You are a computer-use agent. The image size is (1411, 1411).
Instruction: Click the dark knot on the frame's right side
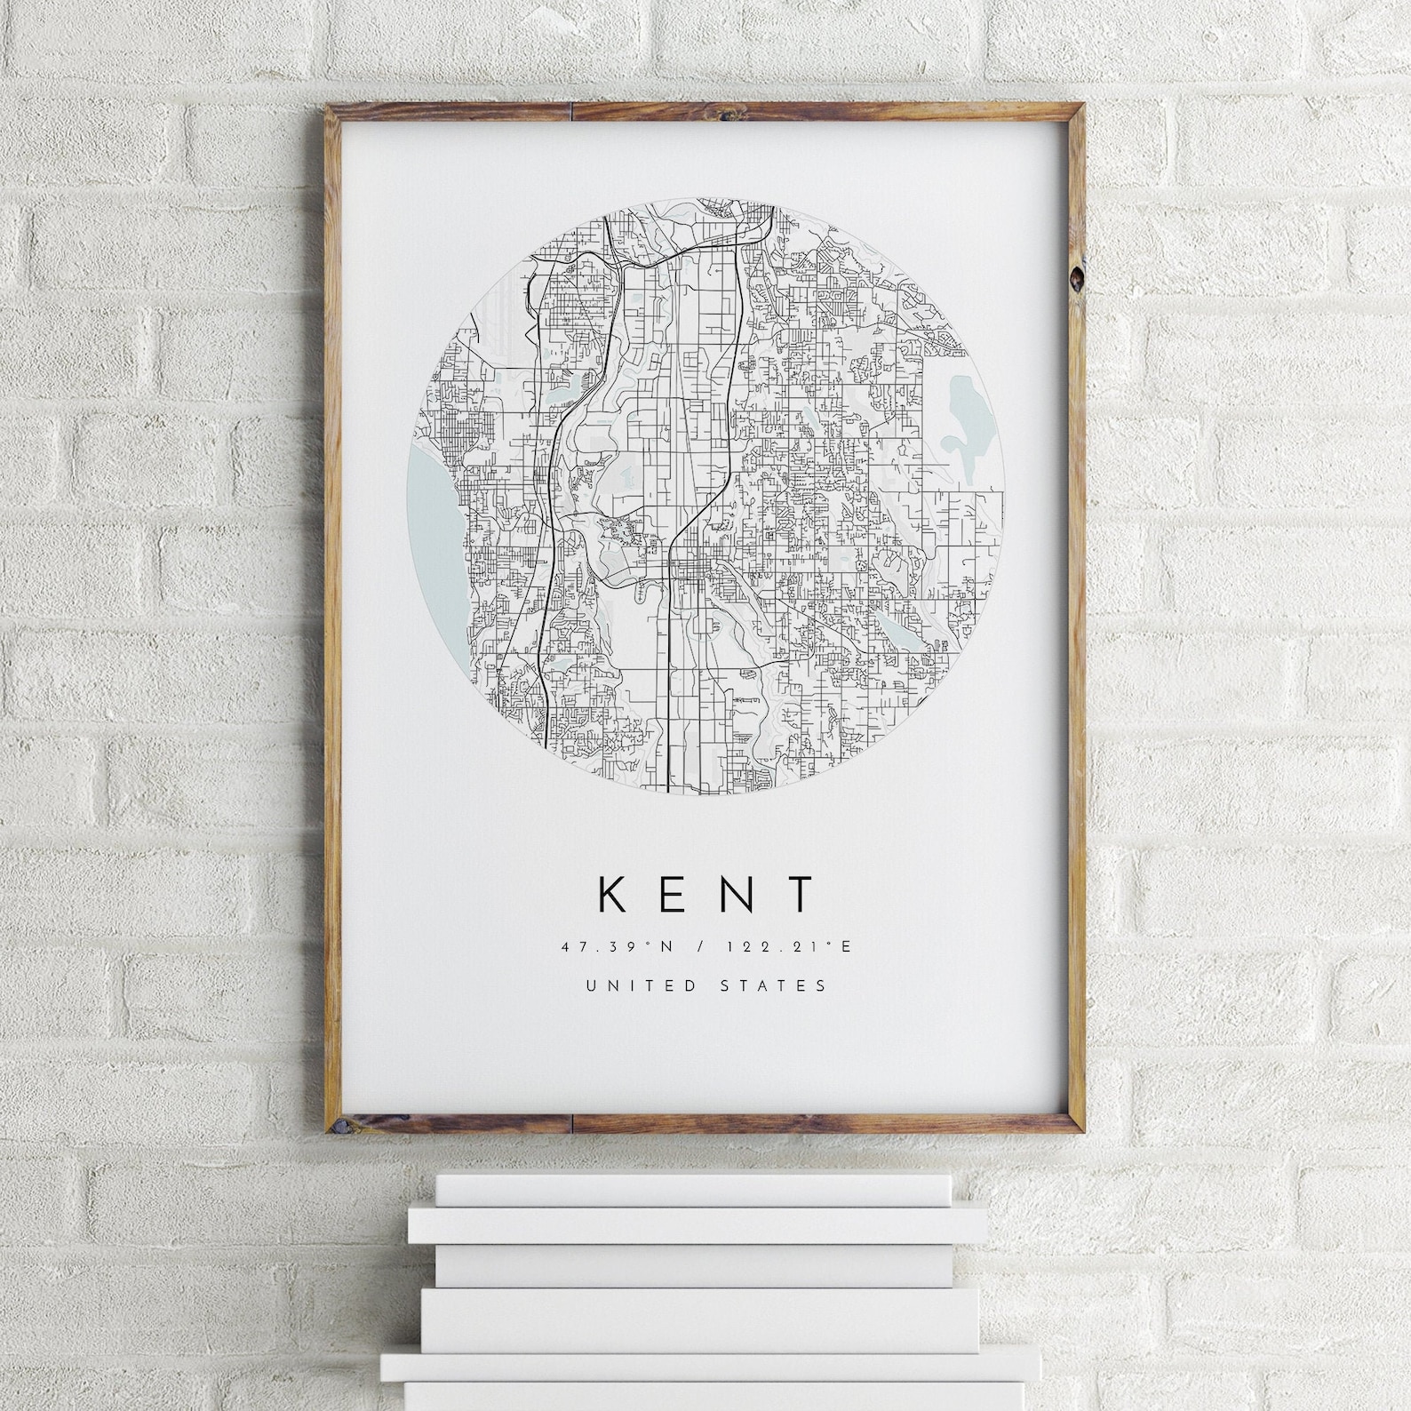1078,277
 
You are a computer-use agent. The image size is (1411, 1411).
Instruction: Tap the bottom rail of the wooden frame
705,1125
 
